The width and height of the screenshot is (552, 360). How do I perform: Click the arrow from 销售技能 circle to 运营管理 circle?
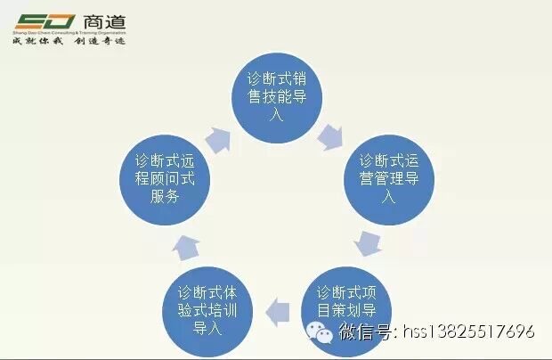[331, 135]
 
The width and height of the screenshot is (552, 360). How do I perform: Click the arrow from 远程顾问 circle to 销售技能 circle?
[218, 136]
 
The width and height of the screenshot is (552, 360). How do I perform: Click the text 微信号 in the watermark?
[366, 332]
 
